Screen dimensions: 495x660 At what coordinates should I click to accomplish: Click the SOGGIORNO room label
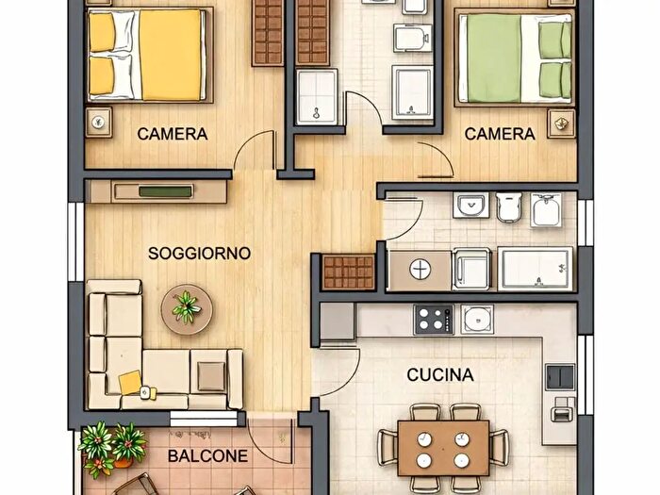coord(199,253)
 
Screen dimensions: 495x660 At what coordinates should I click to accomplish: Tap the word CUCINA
coord(440,374)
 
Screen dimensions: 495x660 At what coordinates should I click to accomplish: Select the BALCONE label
coord(207,456)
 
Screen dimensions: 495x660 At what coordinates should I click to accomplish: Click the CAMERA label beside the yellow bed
coord(172,134)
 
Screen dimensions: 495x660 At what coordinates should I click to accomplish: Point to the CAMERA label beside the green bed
coord(500,134)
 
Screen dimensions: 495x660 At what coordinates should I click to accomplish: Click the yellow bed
coord(147,54)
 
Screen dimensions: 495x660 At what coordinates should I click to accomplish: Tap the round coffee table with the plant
coord(186,308)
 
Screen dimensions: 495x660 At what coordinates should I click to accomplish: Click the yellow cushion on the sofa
coord(130,383)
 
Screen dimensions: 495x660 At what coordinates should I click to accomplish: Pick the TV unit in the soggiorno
coord(157,191)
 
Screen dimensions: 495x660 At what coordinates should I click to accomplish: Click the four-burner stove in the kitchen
coord(435,319)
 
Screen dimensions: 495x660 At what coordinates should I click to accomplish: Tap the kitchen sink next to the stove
coord(477,320)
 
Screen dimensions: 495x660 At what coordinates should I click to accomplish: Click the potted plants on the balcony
coord(111,445)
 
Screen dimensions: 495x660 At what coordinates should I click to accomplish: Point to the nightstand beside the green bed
coord(563,122)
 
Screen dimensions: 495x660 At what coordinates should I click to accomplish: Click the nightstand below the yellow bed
coord(98,122)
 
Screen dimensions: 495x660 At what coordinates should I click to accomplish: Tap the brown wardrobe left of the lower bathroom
coord(349,272)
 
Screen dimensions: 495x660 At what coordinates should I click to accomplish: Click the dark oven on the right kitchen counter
coord(562,375)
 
